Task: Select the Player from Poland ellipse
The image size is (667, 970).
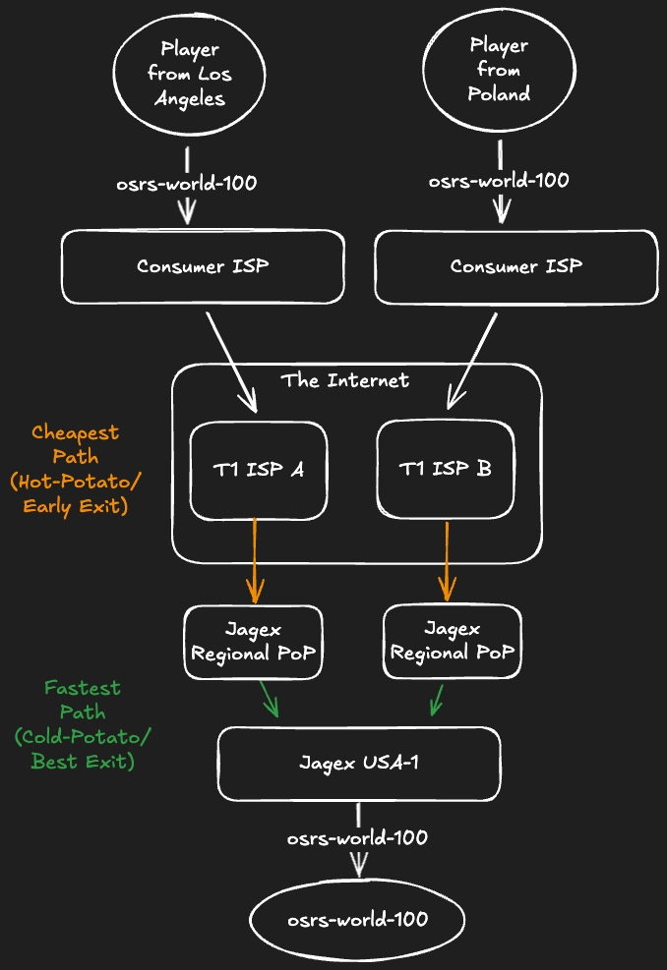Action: click(499, 71)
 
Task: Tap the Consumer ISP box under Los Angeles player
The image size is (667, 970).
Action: click(203, 266)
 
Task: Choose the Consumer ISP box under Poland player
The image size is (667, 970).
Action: click(515, 266)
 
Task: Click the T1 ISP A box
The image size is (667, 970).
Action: click(258, 470)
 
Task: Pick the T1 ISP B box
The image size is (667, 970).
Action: click(446, 470)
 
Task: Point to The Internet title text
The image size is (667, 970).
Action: click(344, 380)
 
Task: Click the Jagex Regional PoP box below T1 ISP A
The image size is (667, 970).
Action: click(255, 642)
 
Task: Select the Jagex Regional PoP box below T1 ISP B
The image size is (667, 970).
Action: click(452, 641)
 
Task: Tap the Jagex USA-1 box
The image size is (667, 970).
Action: click(359, 764)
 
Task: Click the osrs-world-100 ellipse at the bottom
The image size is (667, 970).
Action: click(357, 920)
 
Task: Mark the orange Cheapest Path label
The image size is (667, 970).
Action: click(76, 470)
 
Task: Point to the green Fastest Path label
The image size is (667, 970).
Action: click(82, 724)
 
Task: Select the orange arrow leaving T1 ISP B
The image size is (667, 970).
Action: click(447, 560)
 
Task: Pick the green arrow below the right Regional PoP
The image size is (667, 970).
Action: click(436, 699)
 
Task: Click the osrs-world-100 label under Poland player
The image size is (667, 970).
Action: click(499, 181)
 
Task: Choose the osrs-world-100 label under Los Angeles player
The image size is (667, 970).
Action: click(187, 184)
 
